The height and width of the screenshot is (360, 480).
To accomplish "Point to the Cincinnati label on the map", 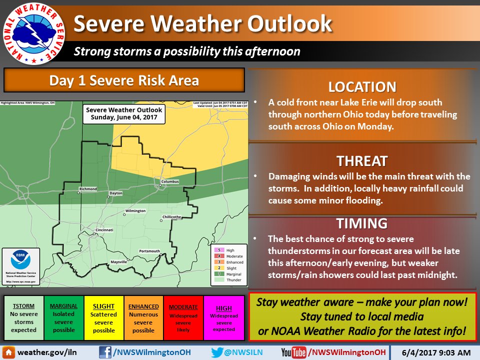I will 104,230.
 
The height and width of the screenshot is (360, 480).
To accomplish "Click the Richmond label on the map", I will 87,189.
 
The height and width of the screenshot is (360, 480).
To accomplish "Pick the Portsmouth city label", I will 149,251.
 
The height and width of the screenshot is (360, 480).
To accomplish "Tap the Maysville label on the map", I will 118,262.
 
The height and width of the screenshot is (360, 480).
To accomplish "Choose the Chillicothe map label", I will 171,217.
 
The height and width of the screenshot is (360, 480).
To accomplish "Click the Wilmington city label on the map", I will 135,211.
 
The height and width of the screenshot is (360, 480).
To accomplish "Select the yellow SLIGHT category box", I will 104,318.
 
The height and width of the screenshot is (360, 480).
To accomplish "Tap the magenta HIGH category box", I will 223,318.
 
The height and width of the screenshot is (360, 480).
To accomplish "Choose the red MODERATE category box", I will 183,318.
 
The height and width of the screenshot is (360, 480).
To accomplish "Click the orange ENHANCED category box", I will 143,318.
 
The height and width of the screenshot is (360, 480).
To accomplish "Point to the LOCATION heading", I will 362,86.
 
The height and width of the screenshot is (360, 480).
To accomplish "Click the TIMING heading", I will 362,223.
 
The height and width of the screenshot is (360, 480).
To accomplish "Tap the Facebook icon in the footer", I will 105,352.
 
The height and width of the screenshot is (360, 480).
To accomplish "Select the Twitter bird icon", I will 216,352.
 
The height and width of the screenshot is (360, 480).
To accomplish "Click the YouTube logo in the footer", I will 293,352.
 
